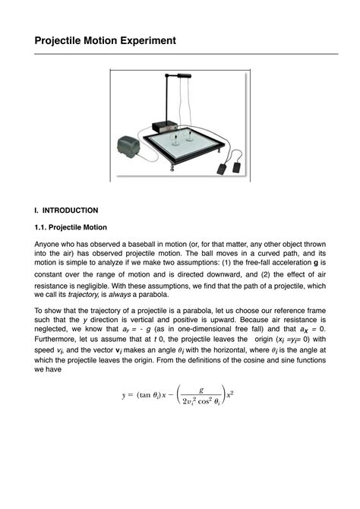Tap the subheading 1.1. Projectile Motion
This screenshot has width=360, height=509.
coord(71,227)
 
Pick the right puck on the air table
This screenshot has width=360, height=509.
coord(190,138)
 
